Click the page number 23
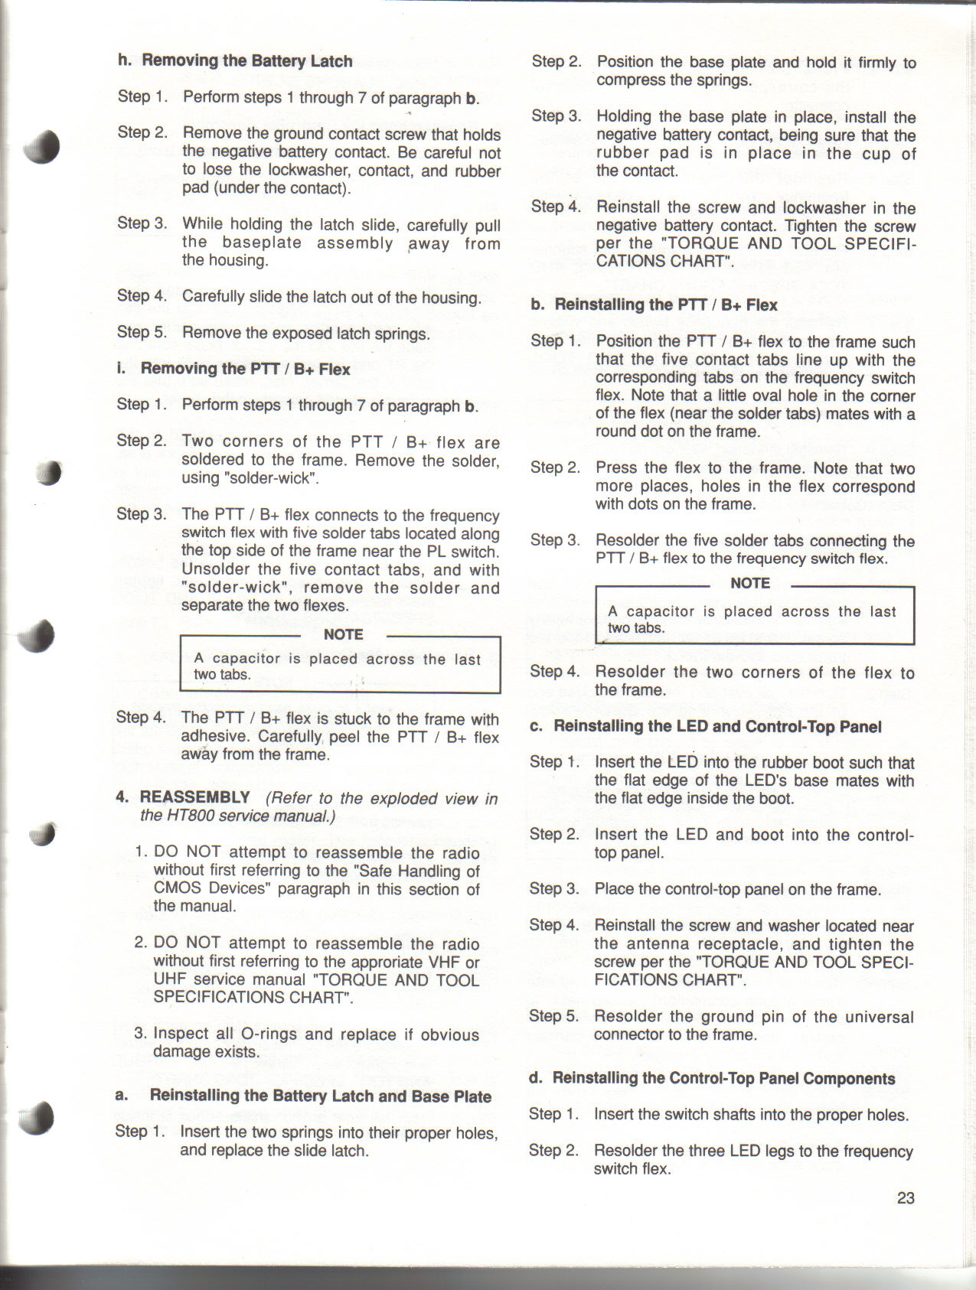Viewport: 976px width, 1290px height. (906, 1198)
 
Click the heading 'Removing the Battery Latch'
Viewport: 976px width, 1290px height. (246, 61)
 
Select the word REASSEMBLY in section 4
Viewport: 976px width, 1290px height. (194, 797)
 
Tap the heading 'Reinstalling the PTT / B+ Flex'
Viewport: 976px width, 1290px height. (665, 305)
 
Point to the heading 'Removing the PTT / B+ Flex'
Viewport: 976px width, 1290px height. (245, 369)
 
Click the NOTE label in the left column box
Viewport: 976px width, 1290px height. (343, 634)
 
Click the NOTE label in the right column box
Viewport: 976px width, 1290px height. (749, 583)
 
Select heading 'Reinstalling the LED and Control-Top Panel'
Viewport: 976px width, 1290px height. (717, 726)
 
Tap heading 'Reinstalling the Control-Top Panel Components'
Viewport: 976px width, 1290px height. (723, 1078)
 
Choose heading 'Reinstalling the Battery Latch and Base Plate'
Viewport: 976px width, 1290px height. (320, 1096)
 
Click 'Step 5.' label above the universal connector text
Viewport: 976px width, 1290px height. (553, 1016)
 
